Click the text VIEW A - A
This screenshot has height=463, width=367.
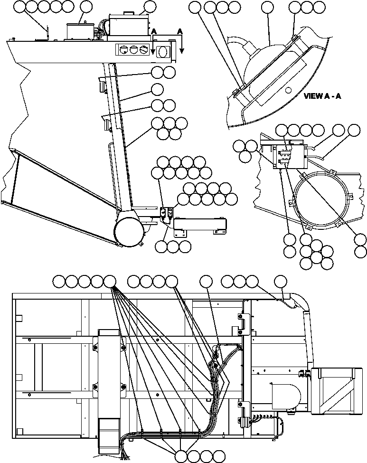[x=322, y=96]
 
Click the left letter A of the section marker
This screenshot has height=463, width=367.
[x=153, y=31]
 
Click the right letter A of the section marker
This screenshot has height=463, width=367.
[x=179, y=31]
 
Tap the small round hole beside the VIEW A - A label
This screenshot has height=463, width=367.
[x=288, y=90]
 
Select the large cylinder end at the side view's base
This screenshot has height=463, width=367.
[x=129, y=231]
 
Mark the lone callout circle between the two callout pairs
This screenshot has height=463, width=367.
[x=157, y=89]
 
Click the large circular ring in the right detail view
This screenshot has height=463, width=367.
[x=322, y=197]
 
